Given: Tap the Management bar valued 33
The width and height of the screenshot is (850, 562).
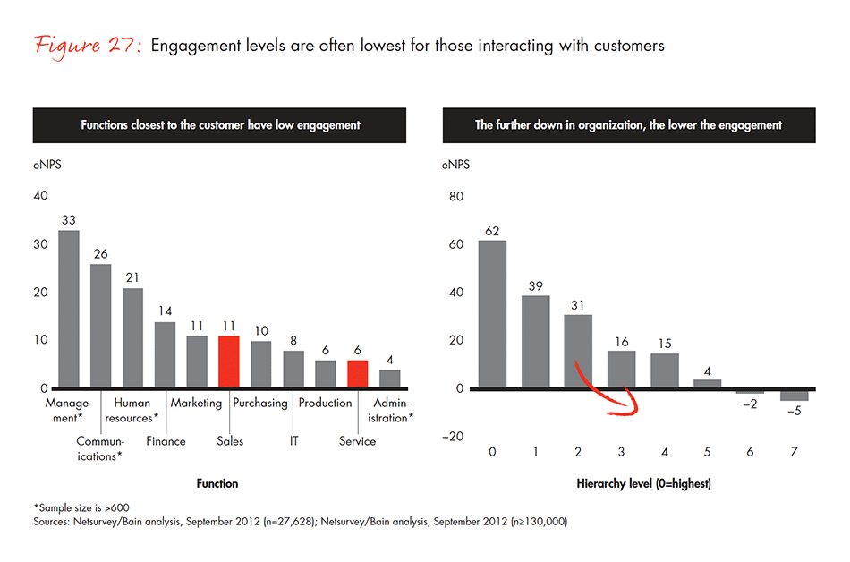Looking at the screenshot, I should coord(69,310).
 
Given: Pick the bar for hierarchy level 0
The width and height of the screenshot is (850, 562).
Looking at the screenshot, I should coord(492,314).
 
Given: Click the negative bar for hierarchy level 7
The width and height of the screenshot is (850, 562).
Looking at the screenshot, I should coord(794,395).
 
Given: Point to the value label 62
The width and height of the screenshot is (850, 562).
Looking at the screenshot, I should coord(492,230).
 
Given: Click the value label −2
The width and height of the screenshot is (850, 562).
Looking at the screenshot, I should coord(751,404).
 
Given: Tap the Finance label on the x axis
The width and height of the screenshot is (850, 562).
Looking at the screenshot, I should coord(166,441).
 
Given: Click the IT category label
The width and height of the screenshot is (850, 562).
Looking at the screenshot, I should coord(293,441).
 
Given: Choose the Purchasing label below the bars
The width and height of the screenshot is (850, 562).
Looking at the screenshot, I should coord(260,403).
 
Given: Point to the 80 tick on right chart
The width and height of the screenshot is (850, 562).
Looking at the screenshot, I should coord(455,196).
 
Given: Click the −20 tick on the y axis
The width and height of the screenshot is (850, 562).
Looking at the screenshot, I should coord(453,437).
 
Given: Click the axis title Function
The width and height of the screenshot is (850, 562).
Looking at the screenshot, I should coord(217,483).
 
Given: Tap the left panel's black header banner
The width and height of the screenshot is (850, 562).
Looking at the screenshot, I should coord(219,125).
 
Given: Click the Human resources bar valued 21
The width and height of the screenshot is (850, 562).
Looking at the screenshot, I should coord(132,338).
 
